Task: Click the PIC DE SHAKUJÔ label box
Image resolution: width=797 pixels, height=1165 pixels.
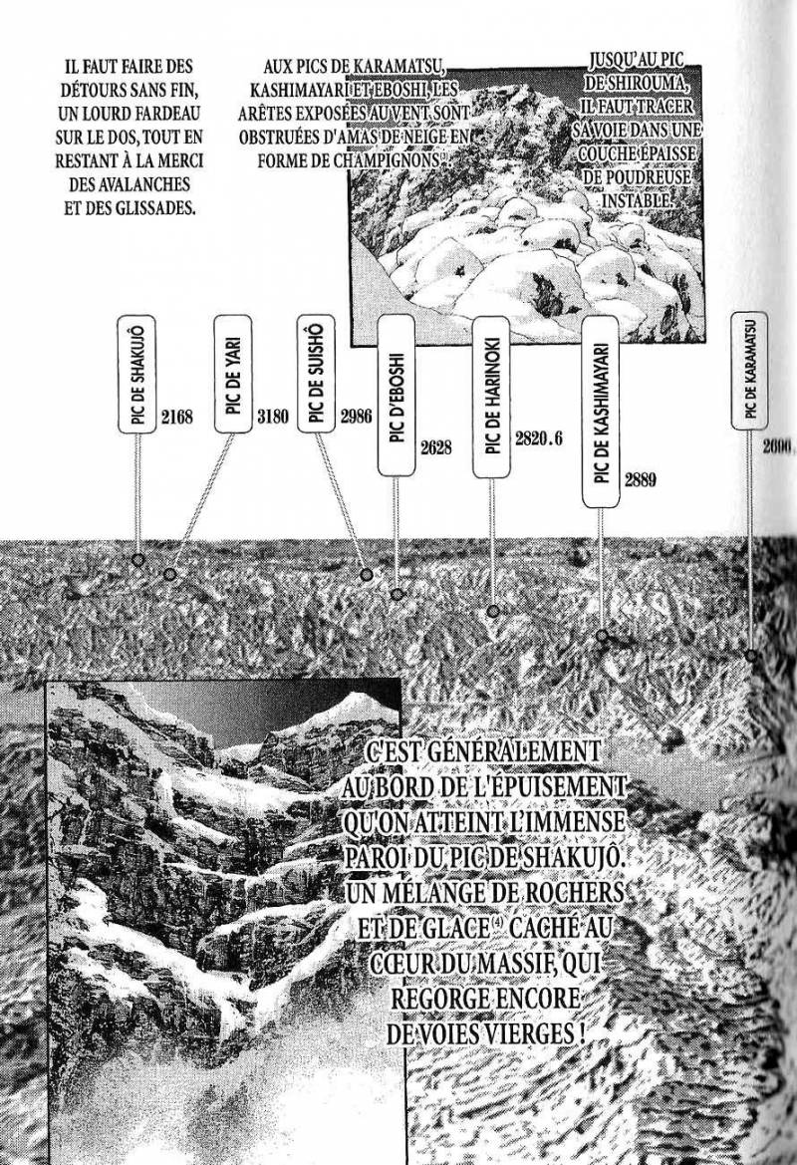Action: click(x=138, y=375)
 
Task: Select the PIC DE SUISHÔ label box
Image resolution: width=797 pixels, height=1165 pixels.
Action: click(x=316, y=375)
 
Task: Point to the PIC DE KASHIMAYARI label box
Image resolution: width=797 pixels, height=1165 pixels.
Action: click(x=601, y=414)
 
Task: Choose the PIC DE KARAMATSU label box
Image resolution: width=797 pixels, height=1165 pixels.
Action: click(x=749, y=370)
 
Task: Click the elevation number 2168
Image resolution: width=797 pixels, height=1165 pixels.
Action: click(x=174, y=416)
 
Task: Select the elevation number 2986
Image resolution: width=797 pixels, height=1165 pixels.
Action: click(x=356, y=416)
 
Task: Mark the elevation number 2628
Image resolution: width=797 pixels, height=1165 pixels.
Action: click(x=436, y=447)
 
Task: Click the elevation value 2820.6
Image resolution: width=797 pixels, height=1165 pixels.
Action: click(x=539, y=437)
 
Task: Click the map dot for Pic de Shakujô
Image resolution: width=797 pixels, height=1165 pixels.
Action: click(x=138, y=560)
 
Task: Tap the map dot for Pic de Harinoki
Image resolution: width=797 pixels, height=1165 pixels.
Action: click(x=492, y=611)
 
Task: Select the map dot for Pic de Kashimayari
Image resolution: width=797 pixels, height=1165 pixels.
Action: click(x=601, y=635)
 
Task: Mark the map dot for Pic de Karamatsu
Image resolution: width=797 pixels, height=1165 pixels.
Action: click(x=751, y=655)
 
